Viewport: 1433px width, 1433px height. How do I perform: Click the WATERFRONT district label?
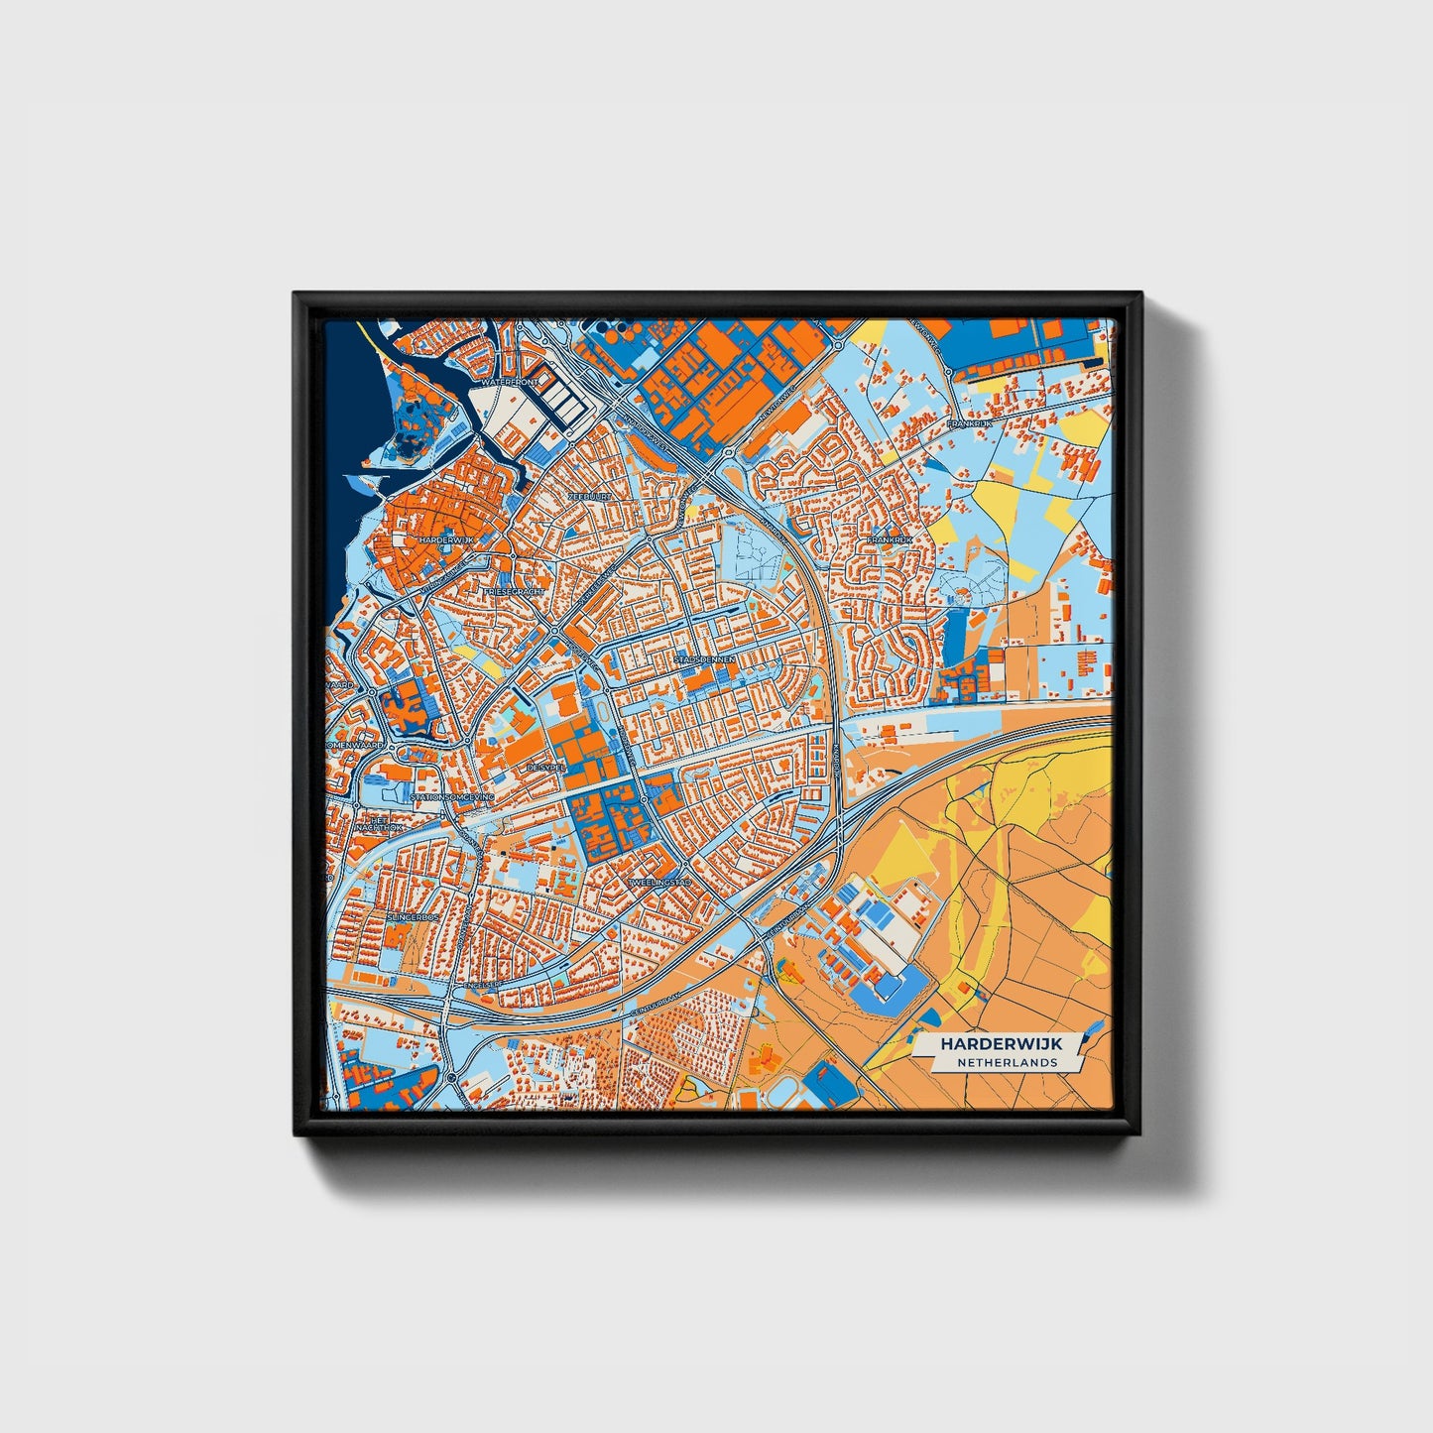click(x=508, y=381)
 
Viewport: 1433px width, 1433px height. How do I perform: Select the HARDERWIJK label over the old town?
click(x=447, y=539)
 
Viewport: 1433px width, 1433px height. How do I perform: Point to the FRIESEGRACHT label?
click(x=513, y=591)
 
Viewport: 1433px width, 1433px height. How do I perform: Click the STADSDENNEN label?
click(x=704, y=657)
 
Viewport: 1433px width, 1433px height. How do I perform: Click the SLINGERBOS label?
click(x=413, y=917)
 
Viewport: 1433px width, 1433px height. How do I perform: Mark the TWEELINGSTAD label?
click(x=657, y=882)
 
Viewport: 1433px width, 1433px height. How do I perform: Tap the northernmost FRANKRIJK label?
click(x=969, y=423)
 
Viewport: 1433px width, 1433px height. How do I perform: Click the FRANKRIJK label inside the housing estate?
click(x=889, y=540)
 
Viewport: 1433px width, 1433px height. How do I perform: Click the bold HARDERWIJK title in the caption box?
click(x=999, y=1044)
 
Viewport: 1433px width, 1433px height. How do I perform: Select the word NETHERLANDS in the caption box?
click(x=1007, y=1062)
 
